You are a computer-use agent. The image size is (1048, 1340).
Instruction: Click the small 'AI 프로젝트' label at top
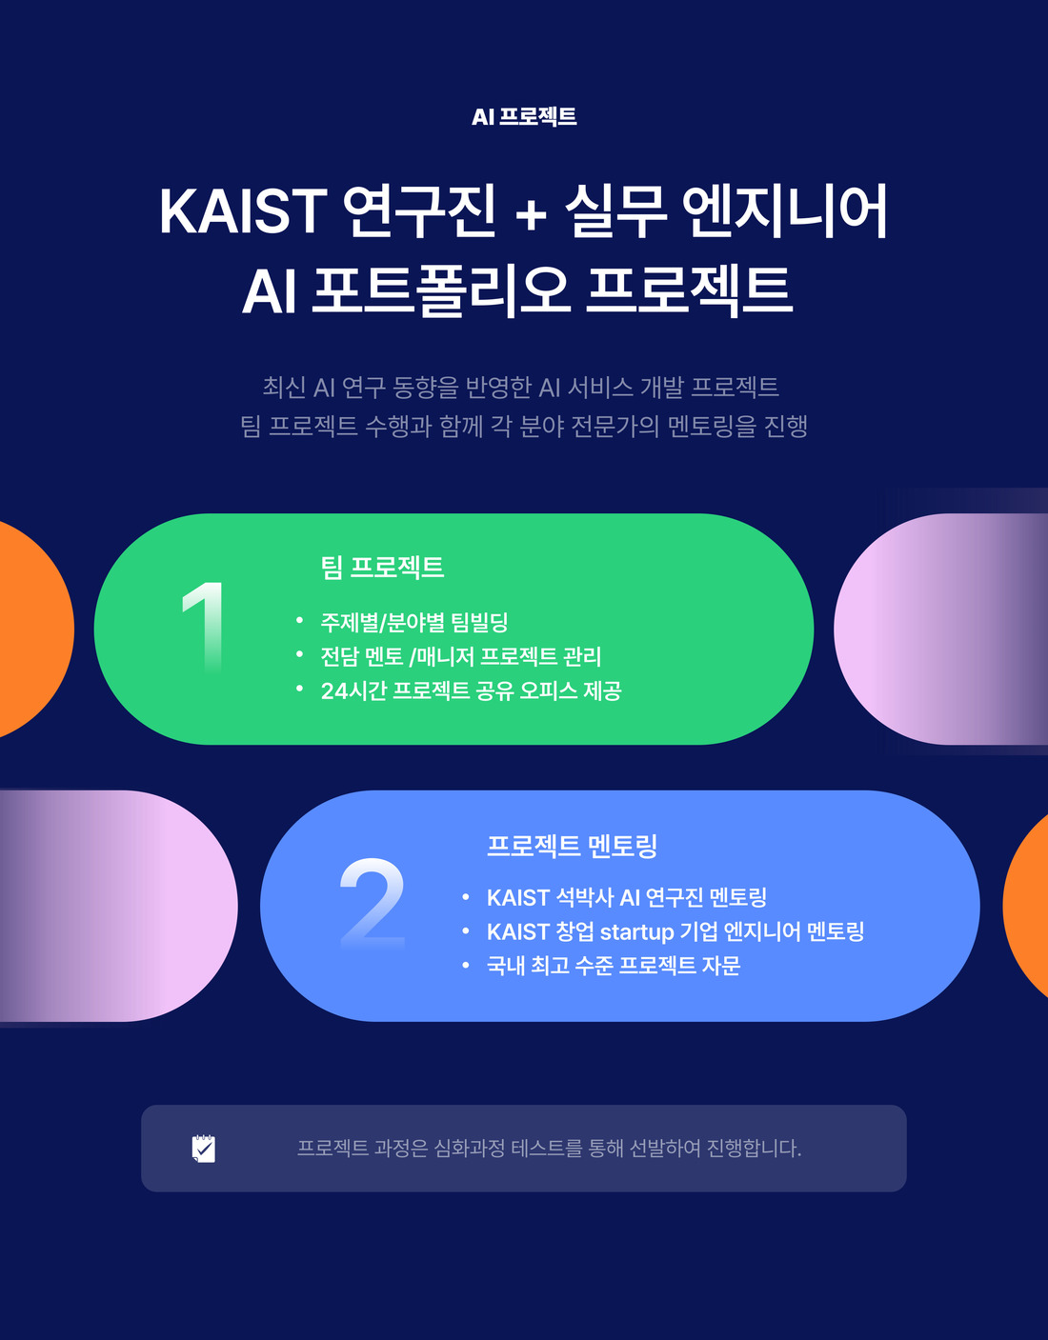tap(524, 116)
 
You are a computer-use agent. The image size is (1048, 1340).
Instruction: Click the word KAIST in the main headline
tap(243, 211)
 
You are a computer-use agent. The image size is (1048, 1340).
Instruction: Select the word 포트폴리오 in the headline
tap(440, 291)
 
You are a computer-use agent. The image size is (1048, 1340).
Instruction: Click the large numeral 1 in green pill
tap(206, 627)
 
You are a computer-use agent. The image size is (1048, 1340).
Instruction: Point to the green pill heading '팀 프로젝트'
tap(382, 568)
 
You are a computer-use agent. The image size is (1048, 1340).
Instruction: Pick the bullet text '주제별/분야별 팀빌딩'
tap(413, 622)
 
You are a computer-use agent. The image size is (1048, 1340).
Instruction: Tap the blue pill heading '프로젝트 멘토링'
tap(572, 846)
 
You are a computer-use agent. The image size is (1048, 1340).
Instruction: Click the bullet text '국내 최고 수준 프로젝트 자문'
tap(614, 965)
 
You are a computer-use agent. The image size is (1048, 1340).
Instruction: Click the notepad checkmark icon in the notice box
tap(204, 1149)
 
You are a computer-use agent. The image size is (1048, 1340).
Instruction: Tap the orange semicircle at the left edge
tap(34, 629)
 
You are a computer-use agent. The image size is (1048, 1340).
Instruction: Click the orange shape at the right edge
tap(1027, 906)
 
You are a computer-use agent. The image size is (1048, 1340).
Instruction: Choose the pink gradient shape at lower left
tap(117, 906)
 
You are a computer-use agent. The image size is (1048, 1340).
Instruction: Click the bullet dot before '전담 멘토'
tap(300, 653)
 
